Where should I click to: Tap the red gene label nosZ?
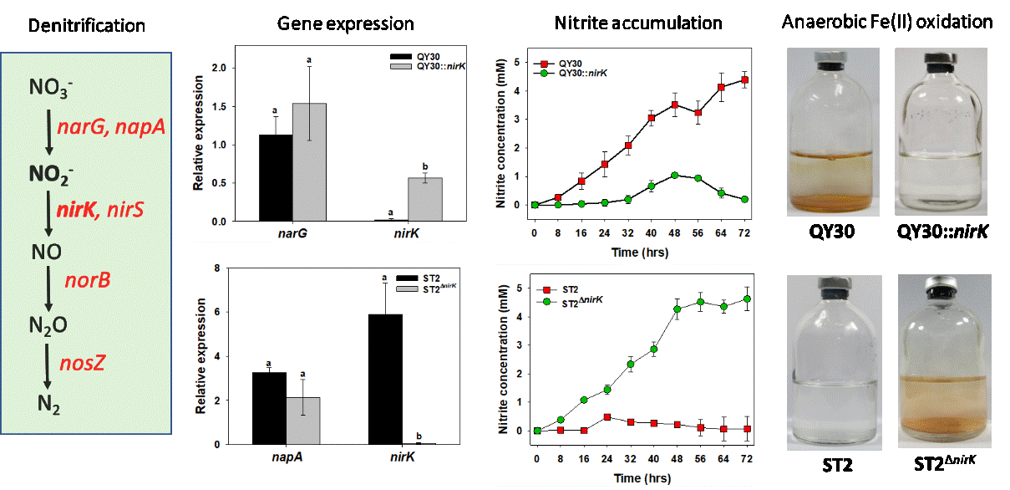[x=82, y=363]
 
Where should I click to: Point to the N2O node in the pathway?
[x=48, y=324]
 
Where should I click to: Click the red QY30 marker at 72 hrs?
[x=744, y=80]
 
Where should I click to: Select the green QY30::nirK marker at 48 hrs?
[x=673, y=176]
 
